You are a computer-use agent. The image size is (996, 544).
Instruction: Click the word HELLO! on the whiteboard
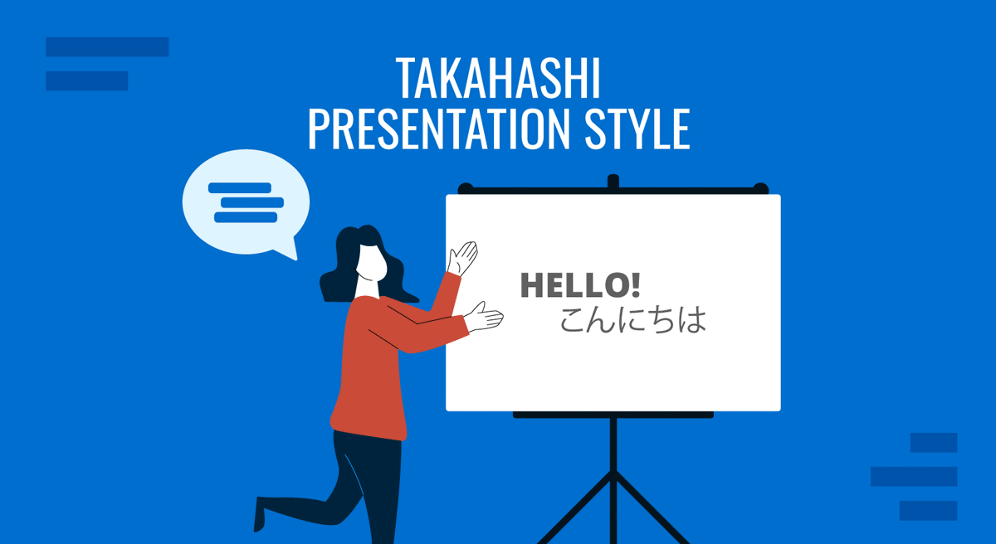coord(579,285)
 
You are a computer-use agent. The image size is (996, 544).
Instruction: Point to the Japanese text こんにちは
coord(632,319)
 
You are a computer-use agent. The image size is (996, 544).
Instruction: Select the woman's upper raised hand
coord(463,257)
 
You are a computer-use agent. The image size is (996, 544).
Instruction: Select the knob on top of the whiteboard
coord(613,181)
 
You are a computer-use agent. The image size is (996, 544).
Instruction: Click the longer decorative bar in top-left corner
coord(107,47)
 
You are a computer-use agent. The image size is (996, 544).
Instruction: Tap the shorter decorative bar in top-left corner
coord(86,80)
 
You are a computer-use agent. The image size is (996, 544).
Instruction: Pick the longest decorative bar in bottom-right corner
coord(914,476)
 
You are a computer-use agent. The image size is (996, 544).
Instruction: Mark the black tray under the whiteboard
coord(613,415)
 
